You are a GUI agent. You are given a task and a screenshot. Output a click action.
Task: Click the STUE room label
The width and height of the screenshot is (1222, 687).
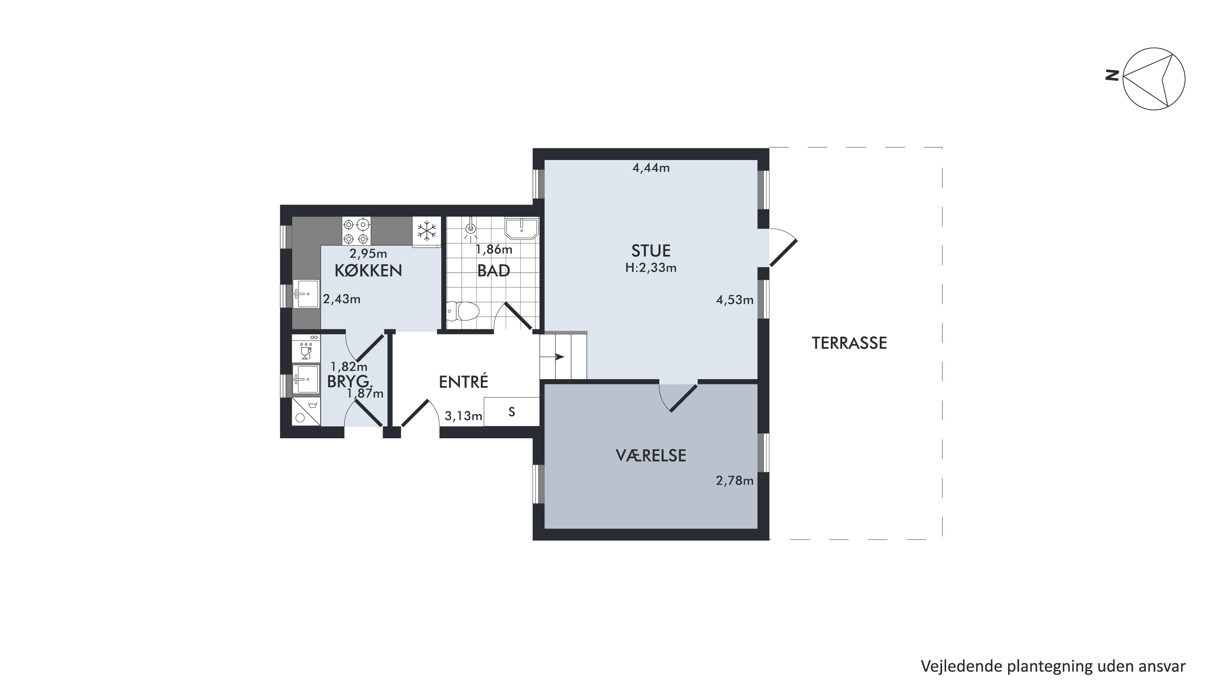tap(650, 250)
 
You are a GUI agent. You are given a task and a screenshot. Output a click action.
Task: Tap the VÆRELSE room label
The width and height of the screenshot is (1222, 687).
tap(651, 456)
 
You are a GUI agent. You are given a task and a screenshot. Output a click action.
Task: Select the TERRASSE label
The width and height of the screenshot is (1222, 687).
tap(849, 343)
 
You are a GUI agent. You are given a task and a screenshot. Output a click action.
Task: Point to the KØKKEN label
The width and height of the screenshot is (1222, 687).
tap(368, 270)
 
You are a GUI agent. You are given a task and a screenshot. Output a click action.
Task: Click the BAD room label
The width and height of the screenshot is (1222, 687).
tap(493, 271)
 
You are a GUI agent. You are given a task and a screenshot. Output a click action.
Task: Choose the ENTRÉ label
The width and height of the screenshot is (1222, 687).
tap(463, 381)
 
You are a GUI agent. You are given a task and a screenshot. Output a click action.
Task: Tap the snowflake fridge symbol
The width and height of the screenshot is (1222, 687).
tap(427, 231)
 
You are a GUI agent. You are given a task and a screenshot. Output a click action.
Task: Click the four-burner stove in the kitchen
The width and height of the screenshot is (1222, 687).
tap(356, 231)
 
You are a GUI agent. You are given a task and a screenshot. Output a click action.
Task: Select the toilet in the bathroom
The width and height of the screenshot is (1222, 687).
tap(463, 312)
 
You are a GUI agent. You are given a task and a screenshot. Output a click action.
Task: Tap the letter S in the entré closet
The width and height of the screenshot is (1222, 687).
tap(511, 412)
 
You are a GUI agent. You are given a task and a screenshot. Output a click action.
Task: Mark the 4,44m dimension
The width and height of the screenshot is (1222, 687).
tap(651, 168)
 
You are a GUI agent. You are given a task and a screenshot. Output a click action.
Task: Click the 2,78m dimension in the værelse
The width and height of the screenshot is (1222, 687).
tap(734, 481)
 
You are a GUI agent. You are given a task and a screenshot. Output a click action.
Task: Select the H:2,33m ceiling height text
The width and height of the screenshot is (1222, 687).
tap(650, 268)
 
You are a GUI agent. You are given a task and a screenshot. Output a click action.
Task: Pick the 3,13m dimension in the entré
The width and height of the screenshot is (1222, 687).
tap(463, 416)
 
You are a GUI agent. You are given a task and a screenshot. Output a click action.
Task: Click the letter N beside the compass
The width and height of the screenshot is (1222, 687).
tap(1112, 75)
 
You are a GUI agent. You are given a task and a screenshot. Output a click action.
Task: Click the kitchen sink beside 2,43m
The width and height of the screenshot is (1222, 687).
tap(306, 294)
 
